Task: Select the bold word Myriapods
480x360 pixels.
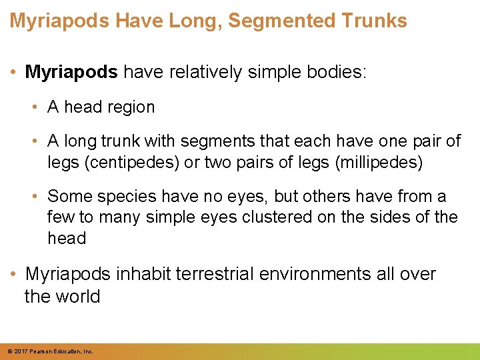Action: pos(71,72)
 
